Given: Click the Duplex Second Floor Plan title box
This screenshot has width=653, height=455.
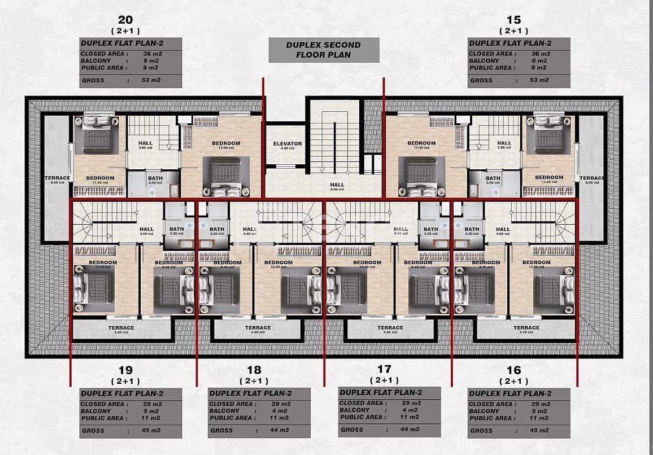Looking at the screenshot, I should click(323, 50).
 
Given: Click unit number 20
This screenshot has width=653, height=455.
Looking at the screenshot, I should click(125, 19).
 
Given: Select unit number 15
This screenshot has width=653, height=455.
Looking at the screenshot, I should click(513, 19).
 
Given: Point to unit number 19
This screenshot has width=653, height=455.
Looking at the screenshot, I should click(125, 370).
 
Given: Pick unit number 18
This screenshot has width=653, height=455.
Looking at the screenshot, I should click(254, 370).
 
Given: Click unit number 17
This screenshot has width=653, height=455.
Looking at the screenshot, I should click(384, 369).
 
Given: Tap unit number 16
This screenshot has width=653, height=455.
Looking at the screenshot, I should click(513, 370).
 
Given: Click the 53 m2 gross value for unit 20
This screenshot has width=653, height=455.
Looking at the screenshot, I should click(151, 80).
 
